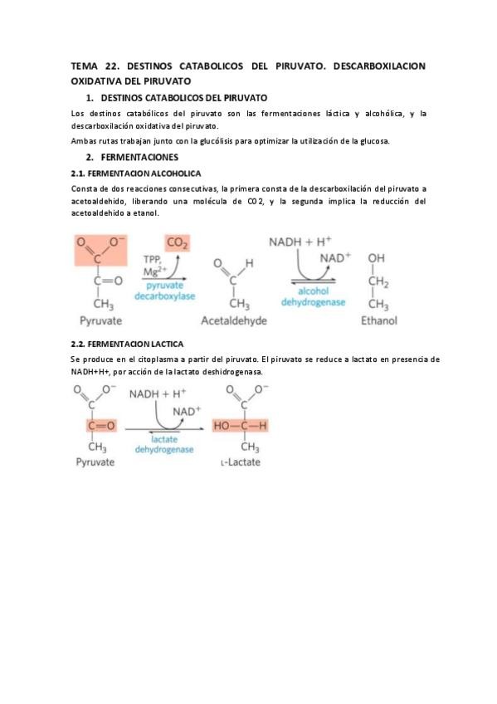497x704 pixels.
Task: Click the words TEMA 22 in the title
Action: point(93,66)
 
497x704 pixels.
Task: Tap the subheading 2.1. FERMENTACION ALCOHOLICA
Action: point(136,174)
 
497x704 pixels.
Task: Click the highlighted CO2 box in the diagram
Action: point(177,242)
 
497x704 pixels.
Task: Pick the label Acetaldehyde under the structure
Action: point(232,320)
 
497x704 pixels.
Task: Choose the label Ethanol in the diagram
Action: point(378,320)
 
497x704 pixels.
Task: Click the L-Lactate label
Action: point(241,462)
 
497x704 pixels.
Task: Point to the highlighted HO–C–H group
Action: point(241,426)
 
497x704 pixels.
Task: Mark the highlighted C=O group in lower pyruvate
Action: point(96,426)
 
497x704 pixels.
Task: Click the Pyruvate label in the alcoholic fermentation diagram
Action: point(100,320)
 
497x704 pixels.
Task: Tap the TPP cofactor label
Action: point(151,258)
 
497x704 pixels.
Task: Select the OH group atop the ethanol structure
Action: point(377,258)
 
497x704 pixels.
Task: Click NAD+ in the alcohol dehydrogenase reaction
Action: point(335,257)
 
